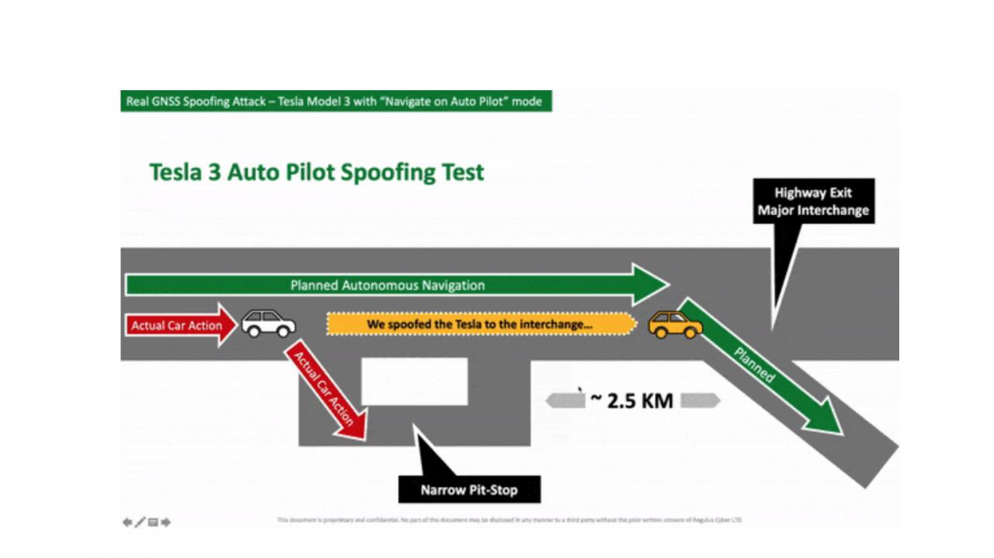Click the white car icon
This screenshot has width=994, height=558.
[268, 323]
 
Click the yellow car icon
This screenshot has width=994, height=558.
[675, 324]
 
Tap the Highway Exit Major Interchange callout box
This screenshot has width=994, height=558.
[813, 201]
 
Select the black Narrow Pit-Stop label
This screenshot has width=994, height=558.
[469, 490]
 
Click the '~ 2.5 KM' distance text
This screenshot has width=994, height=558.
[631, 400]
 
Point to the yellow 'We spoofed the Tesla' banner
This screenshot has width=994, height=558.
[480, 324]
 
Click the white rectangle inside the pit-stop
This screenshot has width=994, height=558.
[415, 381]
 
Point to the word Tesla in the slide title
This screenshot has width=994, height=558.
[176, 172]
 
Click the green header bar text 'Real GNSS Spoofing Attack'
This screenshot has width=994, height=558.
[193, 102]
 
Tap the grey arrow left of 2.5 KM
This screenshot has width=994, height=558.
[565, 400]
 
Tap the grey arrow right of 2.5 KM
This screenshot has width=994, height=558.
[700, 400]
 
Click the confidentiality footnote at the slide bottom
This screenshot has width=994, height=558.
[509, 520]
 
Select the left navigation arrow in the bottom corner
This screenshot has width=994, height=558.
[127, 522]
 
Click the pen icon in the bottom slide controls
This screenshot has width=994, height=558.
[140, 522]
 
